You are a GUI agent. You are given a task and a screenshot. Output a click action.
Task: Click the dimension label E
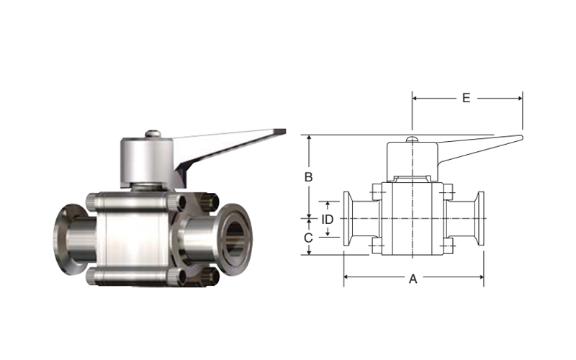466,98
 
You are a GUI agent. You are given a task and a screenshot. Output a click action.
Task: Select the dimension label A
413,279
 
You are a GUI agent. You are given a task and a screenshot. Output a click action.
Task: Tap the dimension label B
309,177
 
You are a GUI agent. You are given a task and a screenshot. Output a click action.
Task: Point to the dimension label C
308,238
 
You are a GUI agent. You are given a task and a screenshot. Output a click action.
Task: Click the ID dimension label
328,220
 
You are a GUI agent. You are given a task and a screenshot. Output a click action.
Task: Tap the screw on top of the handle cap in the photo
153,134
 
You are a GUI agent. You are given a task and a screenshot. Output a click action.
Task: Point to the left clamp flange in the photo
66,240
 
